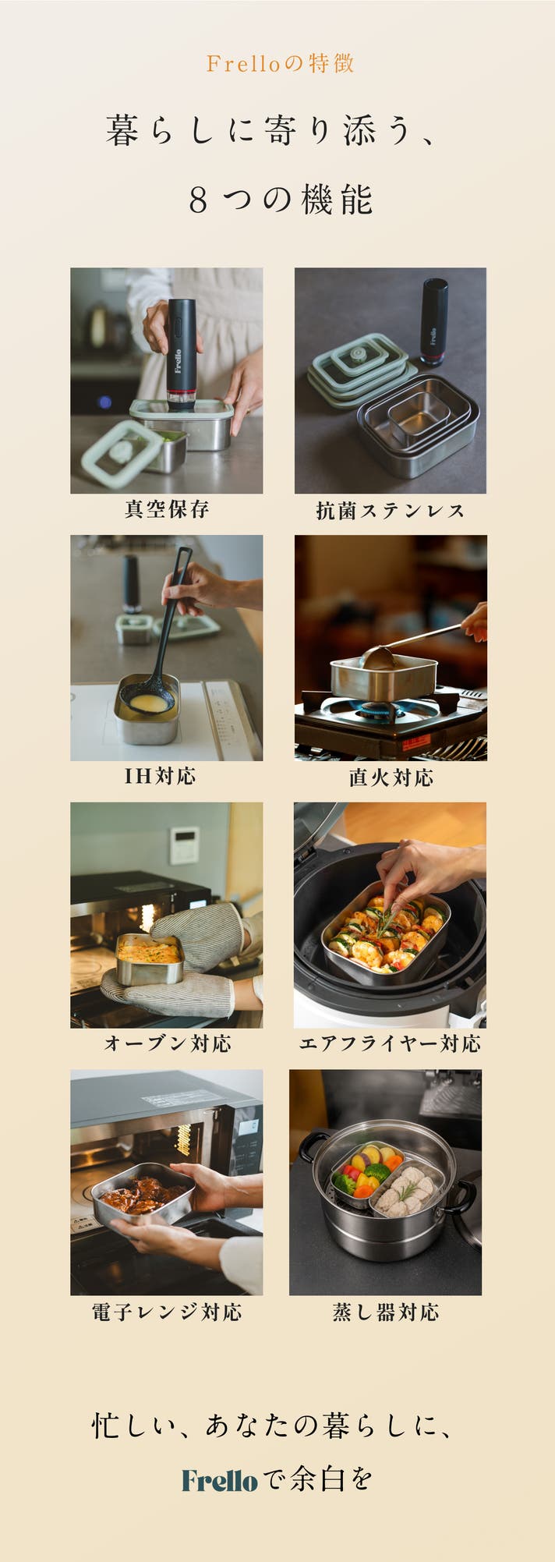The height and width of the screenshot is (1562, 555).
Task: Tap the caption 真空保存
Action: (167, 509)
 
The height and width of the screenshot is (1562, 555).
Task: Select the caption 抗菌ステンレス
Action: (391, 511)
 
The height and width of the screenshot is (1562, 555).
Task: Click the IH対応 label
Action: (160, 776)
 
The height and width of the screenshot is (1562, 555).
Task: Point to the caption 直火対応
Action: (391, 777)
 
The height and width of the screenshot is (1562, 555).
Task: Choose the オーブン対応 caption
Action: (168, 1043)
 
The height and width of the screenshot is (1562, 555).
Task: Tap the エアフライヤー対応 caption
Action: (390, 1043)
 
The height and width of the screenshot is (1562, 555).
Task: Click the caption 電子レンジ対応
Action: (167, 1312)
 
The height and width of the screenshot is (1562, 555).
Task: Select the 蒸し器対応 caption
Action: (386, 1312)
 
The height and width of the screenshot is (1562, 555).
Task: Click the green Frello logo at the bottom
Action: (219, 1480)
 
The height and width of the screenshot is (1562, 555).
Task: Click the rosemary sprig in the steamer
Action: (407, 1191)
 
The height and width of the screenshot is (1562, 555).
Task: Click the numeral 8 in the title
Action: (198, 200)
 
